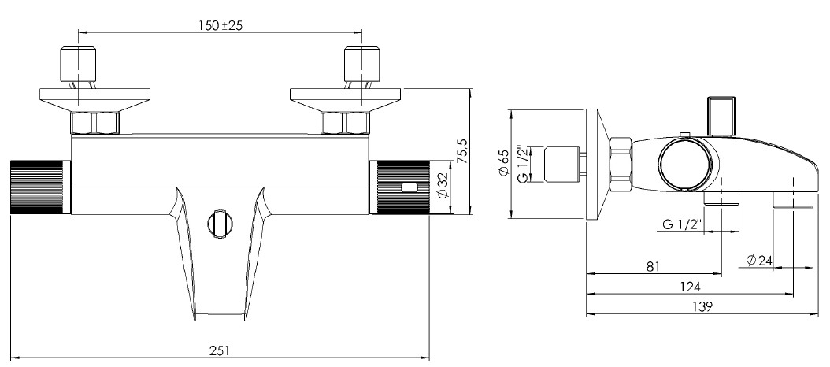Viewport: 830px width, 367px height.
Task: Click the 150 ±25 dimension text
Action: [220, 25]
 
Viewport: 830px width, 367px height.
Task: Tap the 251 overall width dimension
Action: [220, 350]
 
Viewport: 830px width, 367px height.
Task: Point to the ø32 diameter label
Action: [443, 186]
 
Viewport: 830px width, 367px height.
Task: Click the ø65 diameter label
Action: [502, 163]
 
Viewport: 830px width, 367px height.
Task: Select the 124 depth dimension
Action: [691, 287]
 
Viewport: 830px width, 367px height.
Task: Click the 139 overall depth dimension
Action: [702, 306]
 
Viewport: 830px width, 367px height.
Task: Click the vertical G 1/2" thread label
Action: [522, 164]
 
